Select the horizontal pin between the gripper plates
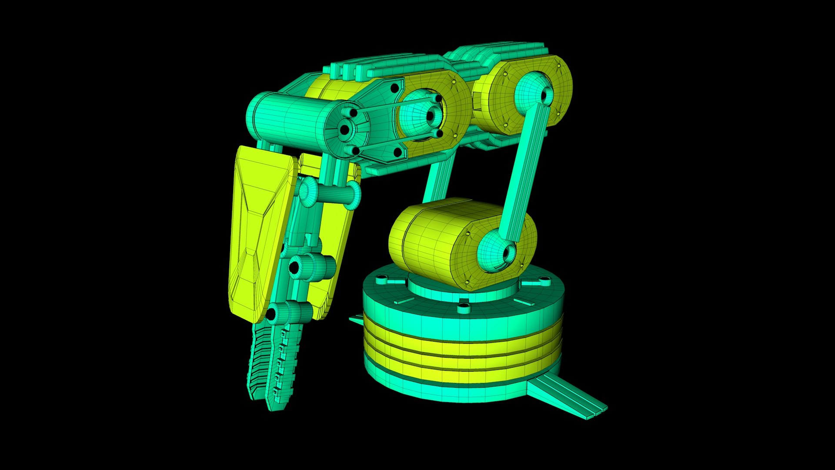(x=331, y=192)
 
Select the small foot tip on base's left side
(x=356, y=320)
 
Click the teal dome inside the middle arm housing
(x=415, y=115)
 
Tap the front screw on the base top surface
(x=464, y=309)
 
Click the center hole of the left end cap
(x=344, y=129)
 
